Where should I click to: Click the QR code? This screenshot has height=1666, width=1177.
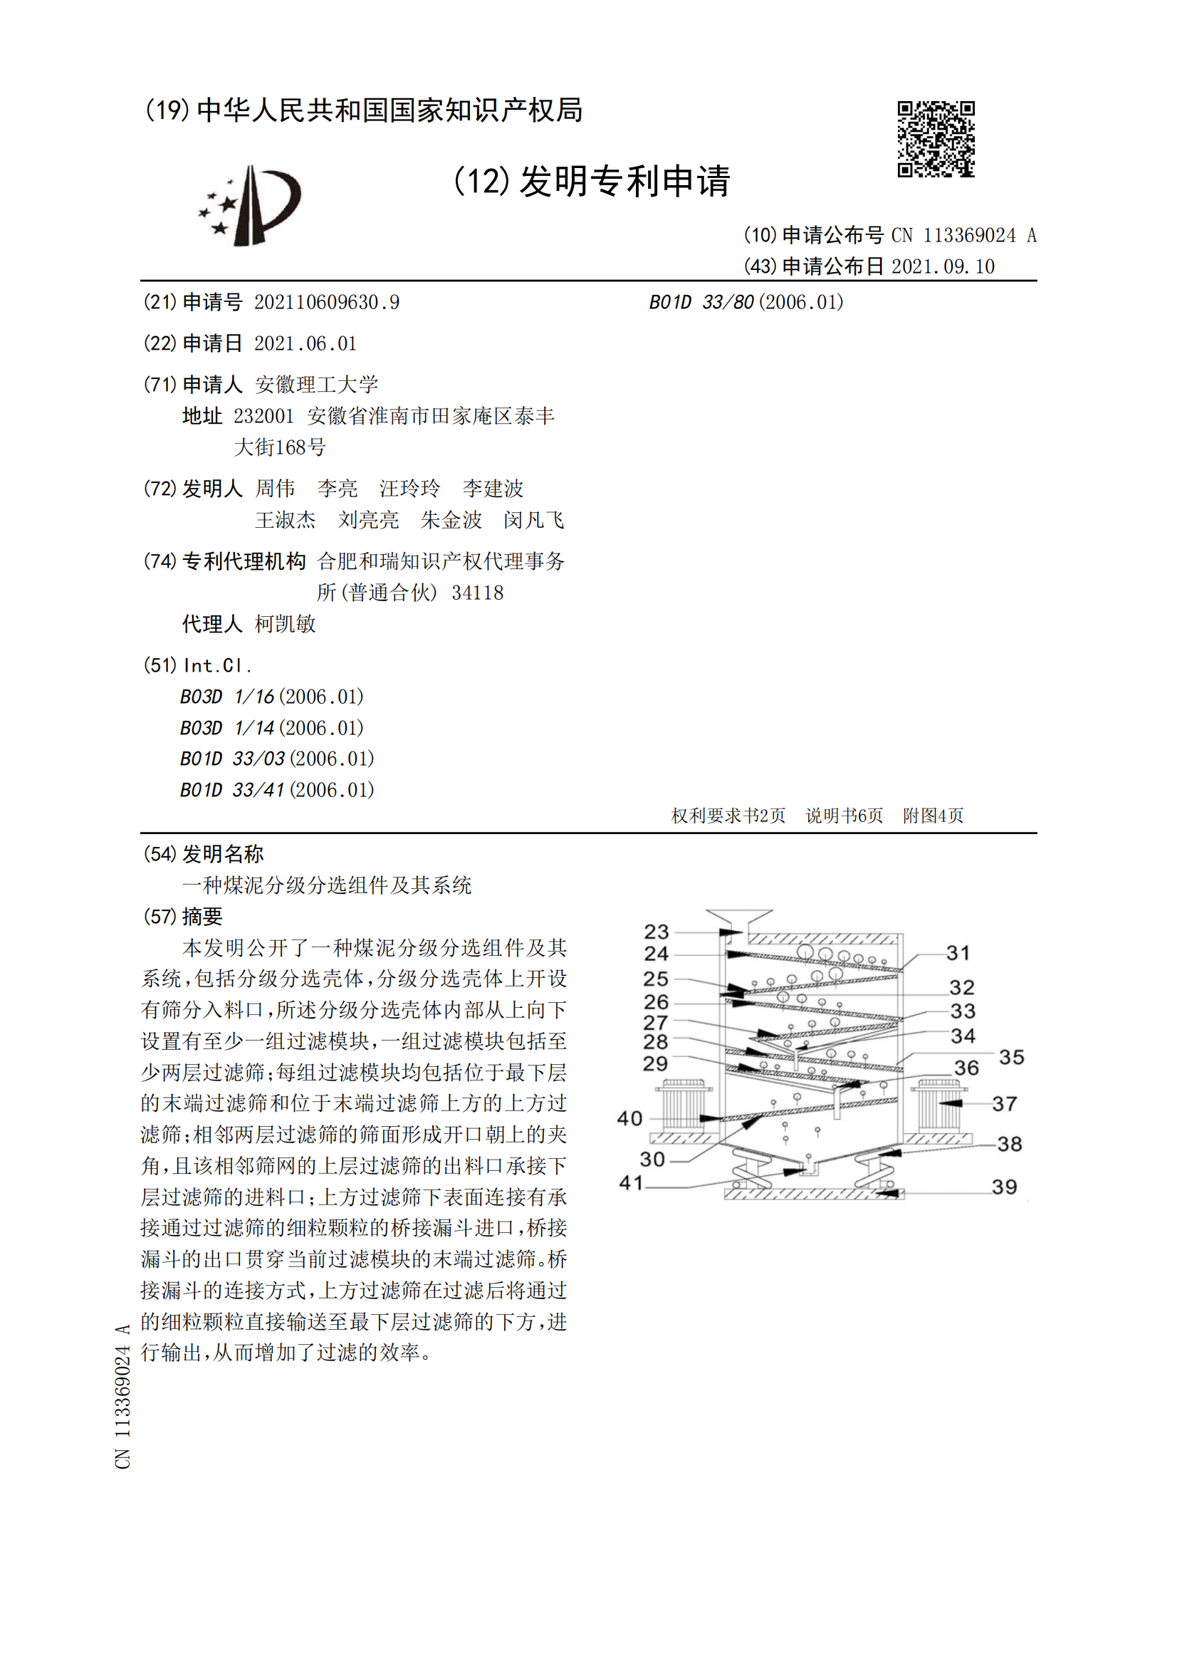pos(936,139)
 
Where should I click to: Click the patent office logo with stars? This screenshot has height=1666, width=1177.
pos(250,205)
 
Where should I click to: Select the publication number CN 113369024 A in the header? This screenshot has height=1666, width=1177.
pos(963,235)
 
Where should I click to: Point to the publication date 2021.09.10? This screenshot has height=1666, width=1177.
pos(943,266)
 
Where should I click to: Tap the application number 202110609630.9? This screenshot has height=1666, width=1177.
pos(326,303)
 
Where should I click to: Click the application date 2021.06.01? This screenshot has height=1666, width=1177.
pos(305,343)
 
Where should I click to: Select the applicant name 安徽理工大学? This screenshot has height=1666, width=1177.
pos(316,385)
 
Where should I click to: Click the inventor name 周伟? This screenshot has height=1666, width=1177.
pos(275,489)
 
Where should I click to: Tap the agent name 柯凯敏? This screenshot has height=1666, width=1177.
pos(285,624)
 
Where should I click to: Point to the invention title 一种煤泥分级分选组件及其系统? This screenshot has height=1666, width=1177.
pos(326,885)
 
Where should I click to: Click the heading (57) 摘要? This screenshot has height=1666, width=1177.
pos(183,917)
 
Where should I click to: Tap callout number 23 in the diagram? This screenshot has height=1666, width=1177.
pos(656,931)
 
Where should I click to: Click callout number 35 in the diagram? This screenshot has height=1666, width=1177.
pos(1011,1056)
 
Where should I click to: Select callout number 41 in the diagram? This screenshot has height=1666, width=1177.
pos(630,1183)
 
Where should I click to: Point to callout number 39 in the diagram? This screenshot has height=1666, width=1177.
pos(1004,1187)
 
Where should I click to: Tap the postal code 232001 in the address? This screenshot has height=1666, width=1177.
pos(263,417)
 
